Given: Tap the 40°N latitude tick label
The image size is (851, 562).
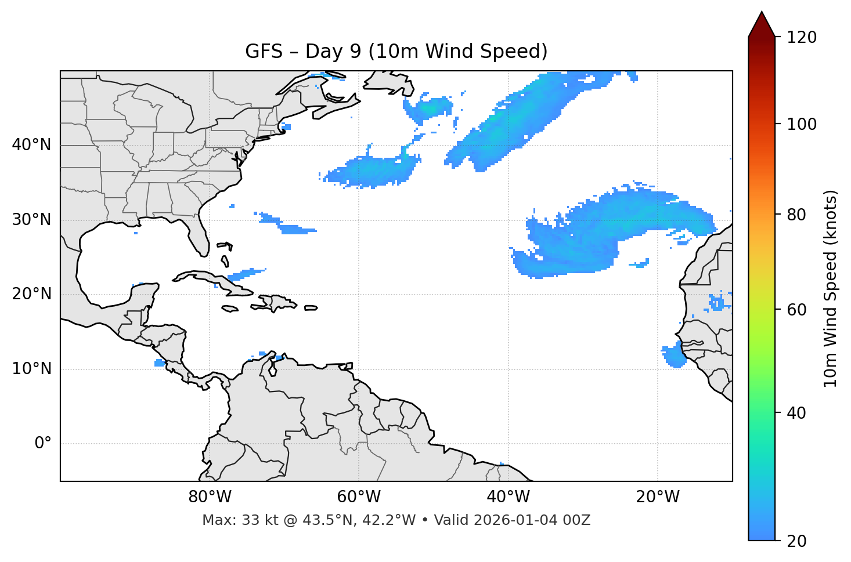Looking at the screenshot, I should (31, 145).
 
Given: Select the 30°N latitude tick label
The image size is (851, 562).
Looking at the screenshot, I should (31, 220).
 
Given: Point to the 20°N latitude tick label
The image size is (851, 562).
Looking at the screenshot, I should (31, 294).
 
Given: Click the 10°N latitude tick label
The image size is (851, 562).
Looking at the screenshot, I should (31, 369).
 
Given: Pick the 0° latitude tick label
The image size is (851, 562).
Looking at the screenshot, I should (42, 444).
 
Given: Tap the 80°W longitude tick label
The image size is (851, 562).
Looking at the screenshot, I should (210, 497).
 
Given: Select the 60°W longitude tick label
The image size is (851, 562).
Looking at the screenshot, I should (359, 497).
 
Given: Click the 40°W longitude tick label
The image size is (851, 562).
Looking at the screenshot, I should (508, 497).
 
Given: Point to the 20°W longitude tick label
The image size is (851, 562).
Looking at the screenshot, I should (657, 497).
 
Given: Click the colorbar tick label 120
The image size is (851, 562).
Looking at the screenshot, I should (802, 38).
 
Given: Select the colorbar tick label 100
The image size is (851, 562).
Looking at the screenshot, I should (802, 124).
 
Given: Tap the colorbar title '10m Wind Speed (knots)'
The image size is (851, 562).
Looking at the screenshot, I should (831, 288).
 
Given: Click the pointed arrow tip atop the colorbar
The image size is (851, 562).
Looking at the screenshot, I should (762, 14).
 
